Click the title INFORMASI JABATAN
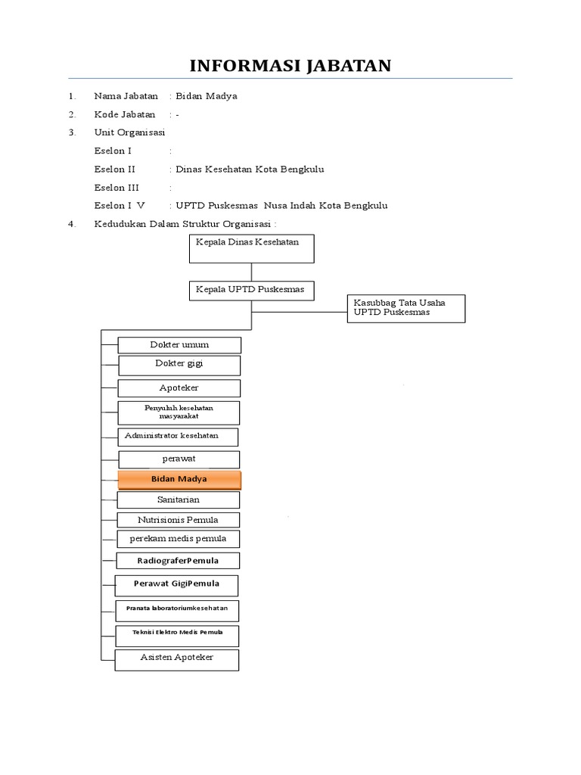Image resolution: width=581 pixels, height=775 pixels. click(x=290, y=66)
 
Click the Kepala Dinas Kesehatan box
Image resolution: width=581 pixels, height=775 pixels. click(x=251, y=249)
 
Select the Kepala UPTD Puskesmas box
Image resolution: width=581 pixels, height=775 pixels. click(x=251, y=291)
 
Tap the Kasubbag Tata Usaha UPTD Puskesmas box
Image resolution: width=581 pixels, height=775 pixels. click(x=406, y=308)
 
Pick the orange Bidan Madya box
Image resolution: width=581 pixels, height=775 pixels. click(x=179, y=480)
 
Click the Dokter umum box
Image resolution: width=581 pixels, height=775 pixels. click(x=179, y=345)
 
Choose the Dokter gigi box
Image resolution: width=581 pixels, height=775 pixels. click(x=179, y=366)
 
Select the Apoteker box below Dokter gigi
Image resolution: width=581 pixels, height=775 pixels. click(x=179, y=388)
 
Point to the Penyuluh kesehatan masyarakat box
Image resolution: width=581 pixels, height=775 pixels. click(x=179, y=412)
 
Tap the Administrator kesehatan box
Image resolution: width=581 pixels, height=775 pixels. click(x=178, y=437)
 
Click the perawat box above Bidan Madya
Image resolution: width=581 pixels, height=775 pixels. click(x=179, y=459)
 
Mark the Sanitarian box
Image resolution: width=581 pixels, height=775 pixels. click(x=179, y=500)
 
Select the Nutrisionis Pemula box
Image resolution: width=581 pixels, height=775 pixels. click(x=179, y=520)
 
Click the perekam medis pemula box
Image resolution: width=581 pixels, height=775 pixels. click(x=179, y=539)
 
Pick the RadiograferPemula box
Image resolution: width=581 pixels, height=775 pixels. click(x=179, y=561)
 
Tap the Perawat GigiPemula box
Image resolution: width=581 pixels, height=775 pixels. click(x=176, y=585)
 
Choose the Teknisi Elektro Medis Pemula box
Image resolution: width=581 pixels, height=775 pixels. click(x=176, y=634)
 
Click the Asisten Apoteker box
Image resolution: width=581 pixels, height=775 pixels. click(x=177, y=659)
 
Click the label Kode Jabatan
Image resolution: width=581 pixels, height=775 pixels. click(x=125, y=114)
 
